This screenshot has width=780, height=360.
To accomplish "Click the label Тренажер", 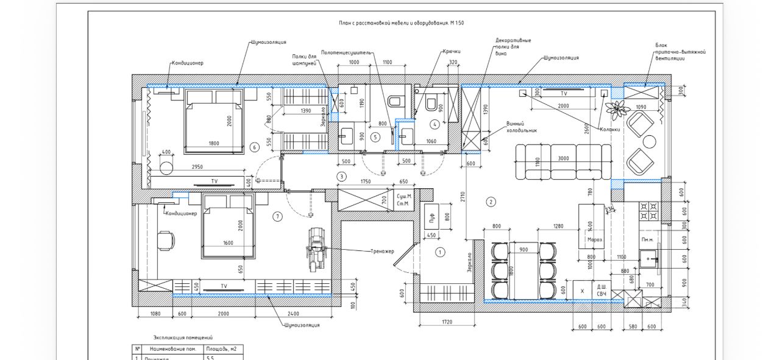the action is click(382, 251).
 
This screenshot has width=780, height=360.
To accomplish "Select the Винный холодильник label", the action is click(522, 126).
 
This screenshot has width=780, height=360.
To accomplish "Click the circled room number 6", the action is click(254, 147).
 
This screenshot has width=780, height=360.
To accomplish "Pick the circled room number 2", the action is click(491, 202).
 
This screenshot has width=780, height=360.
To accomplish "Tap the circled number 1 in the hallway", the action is click(441, 252).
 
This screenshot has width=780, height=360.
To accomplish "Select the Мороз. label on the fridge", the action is click(595, 239).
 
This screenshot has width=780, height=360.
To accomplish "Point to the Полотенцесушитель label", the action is click(346, 53).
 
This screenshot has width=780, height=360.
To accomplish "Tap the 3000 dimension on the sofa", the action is click(563, 158).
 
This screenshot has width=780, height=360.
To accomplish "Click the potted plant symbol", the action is click(618, 109).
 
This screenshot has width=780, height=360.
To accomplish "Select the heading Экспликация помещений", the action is click(183, 337).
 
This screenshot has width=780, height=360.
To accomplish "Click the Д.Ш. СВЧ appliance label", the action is click(601, 291).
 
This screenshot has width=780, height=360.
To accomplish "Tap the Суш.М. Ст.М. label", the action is click(405, 200).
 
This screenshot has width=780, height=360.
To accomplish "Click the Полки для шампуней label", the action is click(305, 60).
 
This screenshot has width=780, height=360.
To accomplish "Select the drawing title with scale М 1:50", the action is click(397, 23).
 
